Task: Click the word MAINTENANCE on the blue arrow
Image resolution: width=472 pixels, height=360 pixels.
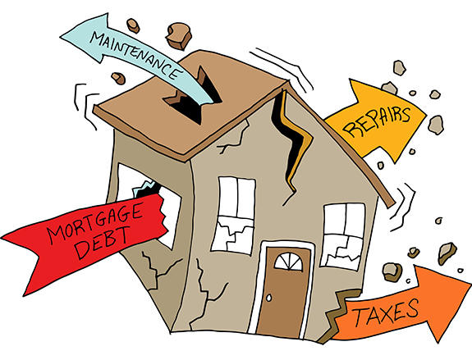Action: (x=136, y=55)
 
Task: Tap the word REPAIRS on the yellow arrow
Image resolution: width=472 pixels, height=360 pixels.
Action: (x=377, y=121)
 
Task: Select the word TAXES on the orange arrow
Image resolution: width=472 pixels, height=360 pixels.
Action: (x=386, y=312)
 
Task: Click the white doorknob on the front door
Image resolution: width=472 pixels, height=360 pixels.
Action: (x=268, y=298)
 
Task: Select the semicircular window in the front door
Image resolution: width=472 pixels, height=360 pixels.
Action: (x=288, y=261)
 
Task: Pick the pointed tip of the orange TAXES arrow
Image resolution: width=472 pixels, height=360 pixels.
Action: (x=470, y=283)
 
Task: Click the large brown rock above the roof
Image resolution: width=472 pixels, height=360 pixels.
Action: (x=178, y=34)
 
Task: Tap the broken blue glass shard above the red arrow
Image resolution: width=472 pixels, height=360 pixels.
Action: (x=142, y=189)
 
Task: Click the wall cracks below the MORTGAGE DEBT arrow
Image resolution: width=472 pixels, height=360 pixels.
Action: (x=157, y=269)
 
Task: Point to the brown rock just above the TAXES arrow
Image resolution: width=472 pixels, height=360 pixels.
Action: (x=392, y=271)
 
